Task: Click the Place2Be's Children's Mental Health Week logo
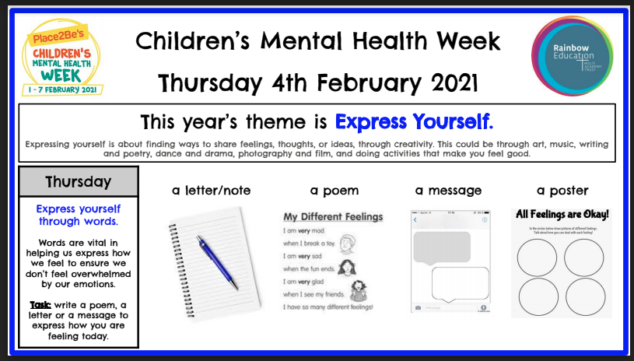63,56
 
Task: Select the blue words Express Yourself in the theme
414,122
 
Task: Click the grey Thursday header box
79,182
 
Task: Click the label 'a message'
447,191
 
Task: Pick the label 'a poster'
562,191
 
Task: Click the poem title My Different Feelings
332,216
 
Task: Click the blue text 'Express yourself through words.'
79,216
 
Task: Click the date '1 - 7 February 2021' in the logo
63,89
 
